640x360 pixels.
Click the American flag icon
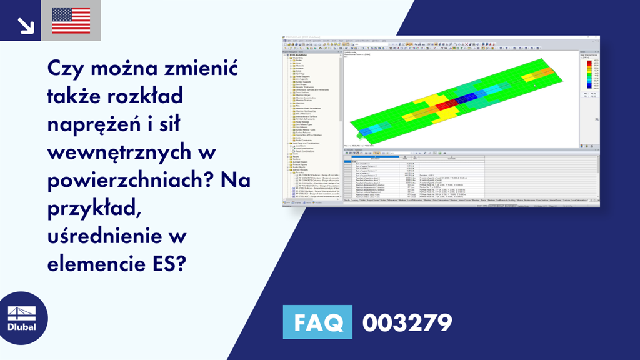point(71,20)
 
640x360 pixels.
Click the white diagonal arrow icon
point(26,24)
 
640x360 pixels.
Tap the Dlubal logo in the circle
point(22,318)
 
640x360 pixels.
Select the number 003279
point(406,322)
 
